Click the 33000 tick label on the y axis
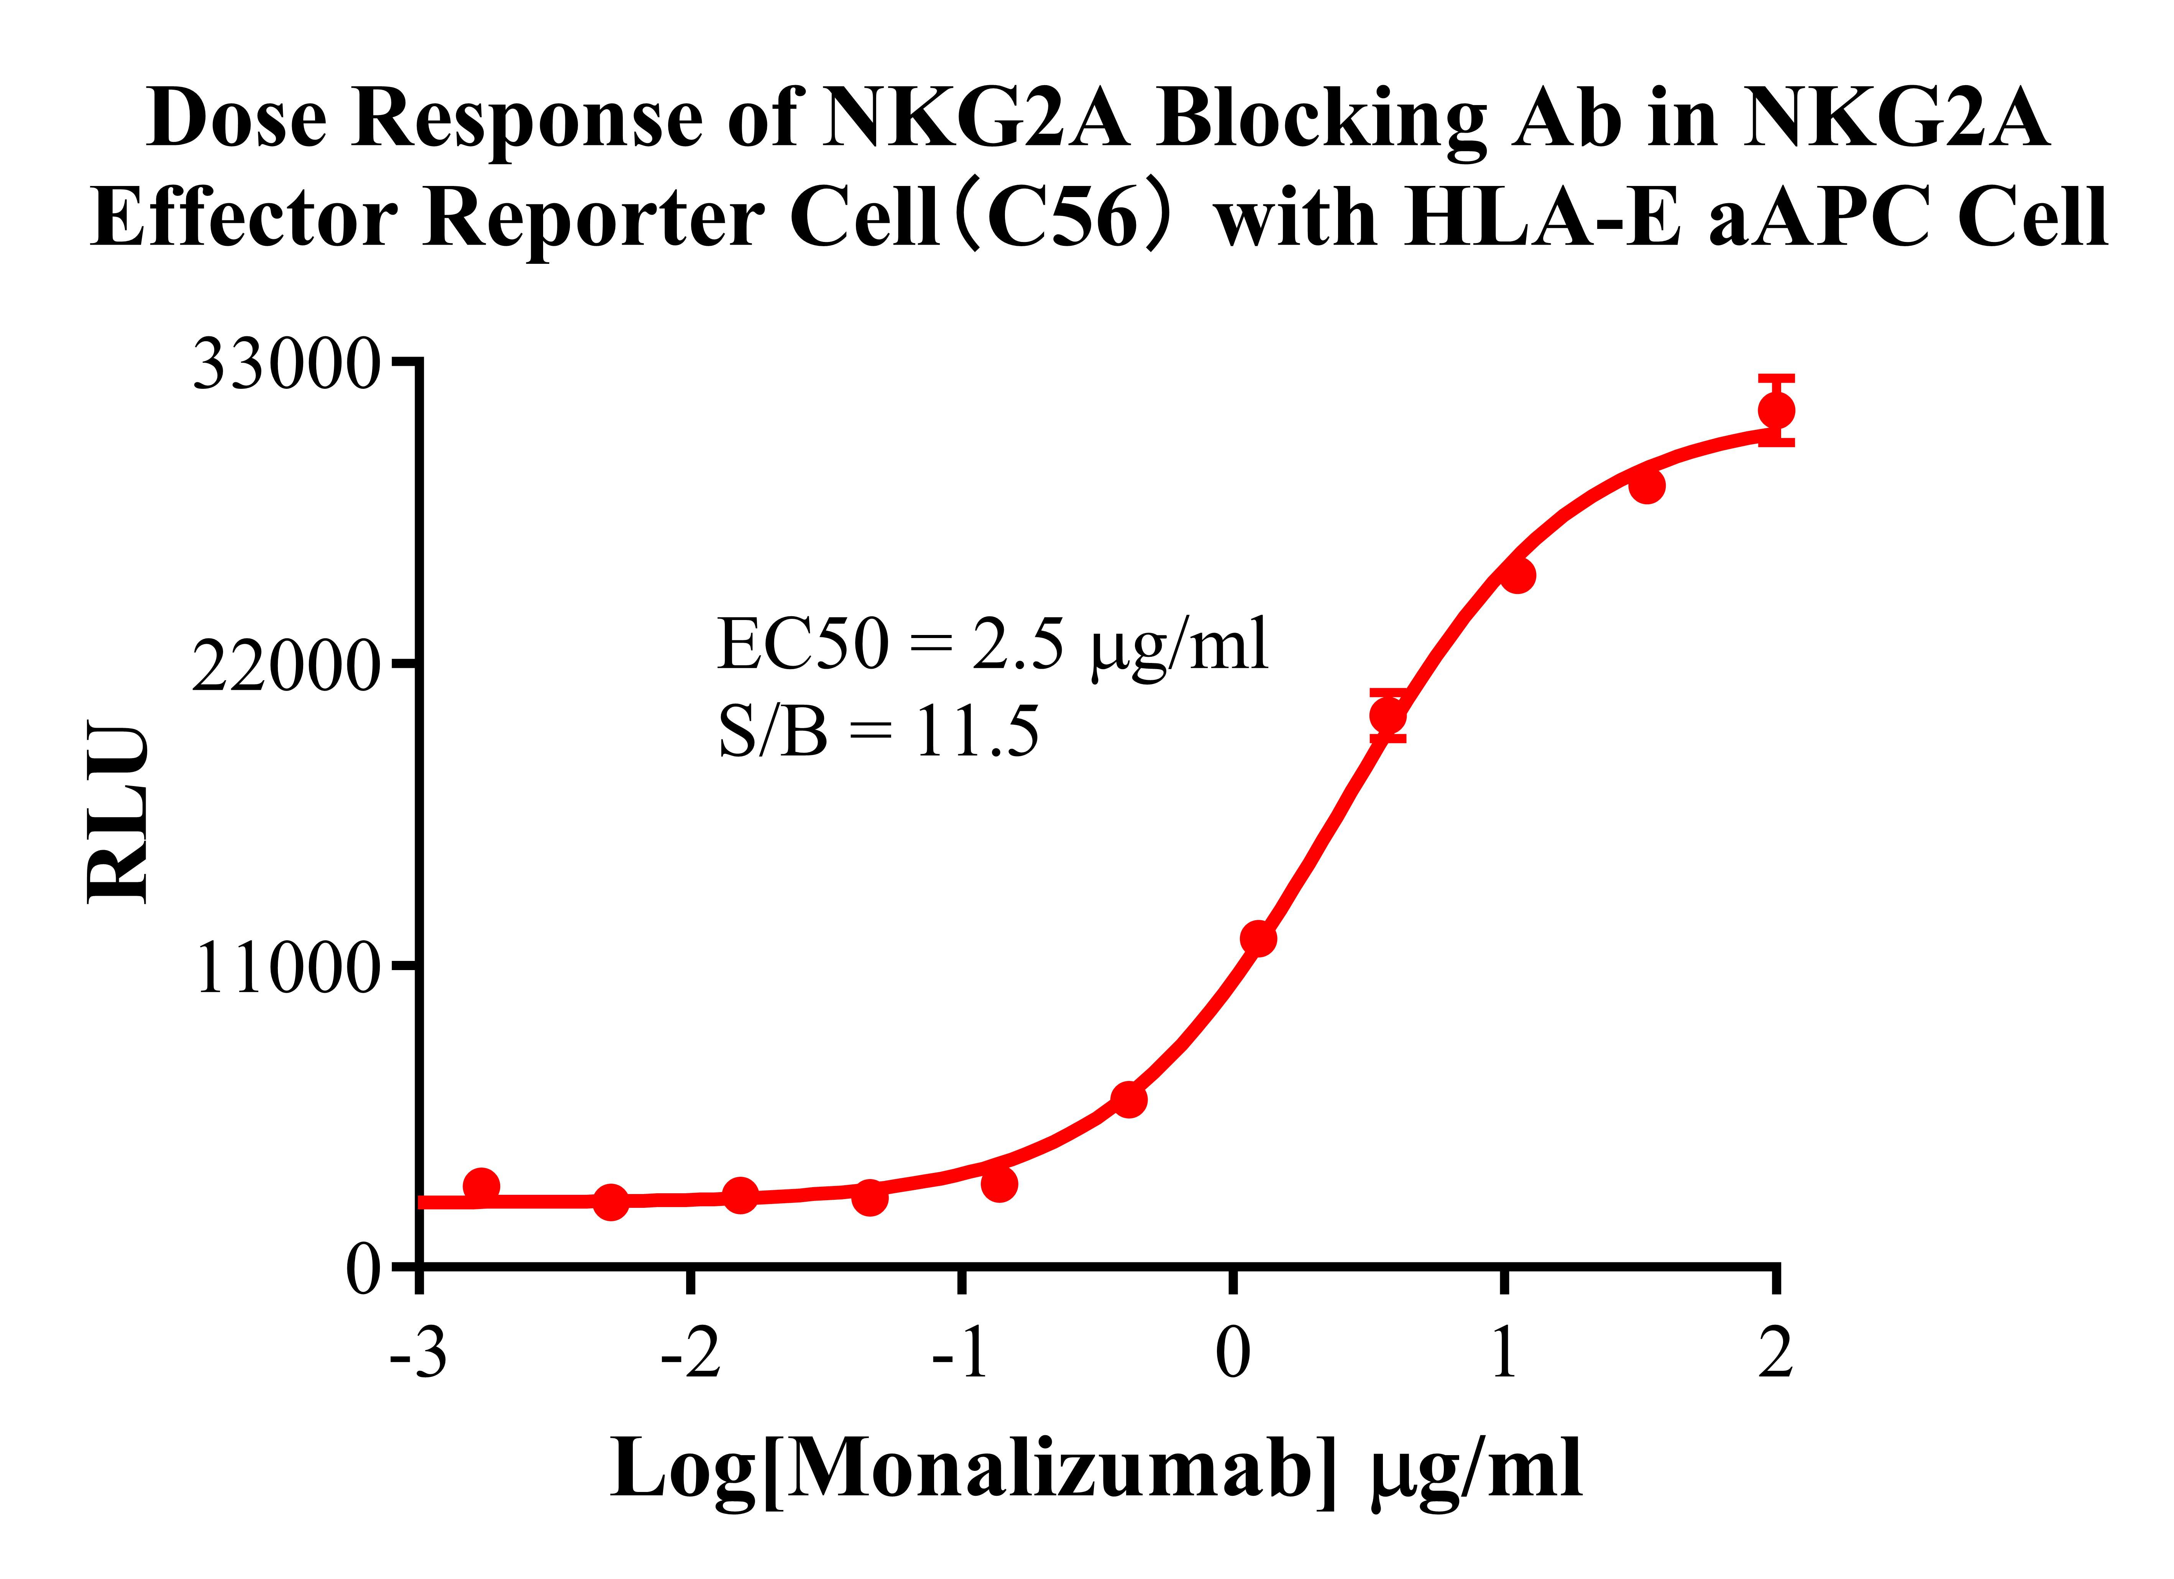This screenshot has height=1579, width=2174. [286, 365]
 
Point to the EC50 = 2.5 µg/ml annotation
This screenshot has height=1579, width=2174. [992, 644]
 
